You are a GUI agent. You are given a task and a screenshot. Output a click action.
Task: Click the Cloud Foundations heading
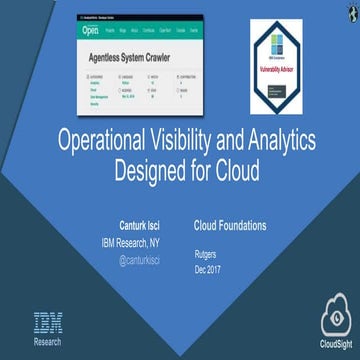[230, 226]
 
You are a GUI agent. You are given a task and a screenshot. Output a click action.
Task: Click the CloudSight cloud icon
[336, 318]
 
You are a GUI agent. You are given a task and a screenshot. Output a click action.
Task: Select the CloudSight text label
[336, 346]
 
